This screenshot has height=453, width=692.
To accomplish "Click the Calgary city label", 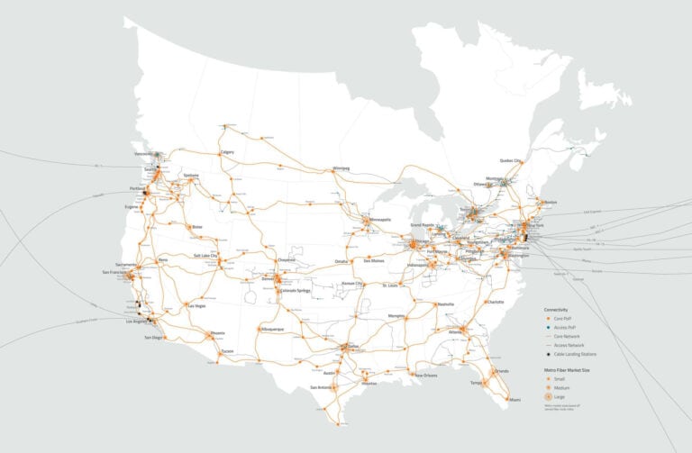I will click(x=227, y=152).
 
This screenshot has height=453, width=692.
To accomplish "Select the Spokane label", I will click(x=190, y=175).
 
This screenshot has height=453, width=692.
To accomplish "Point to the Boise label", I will click(x=197, y=226).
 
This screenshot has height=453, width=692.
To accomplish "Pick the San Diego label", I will click(x=154, y=337).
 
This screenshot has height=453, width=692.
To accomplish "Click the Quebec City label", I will click(x=511, y=160).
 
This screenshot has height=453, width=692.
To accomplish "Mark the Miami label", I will click(x=514, y=399).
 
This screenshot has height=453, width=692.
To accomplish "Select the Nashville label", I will click(x=444, y=304).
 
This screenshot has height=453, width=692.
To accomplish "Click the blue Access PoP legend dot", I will click(x=547, y=326).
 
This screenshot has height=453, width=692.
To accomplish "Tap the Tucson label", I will click(x=227, y=350).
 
